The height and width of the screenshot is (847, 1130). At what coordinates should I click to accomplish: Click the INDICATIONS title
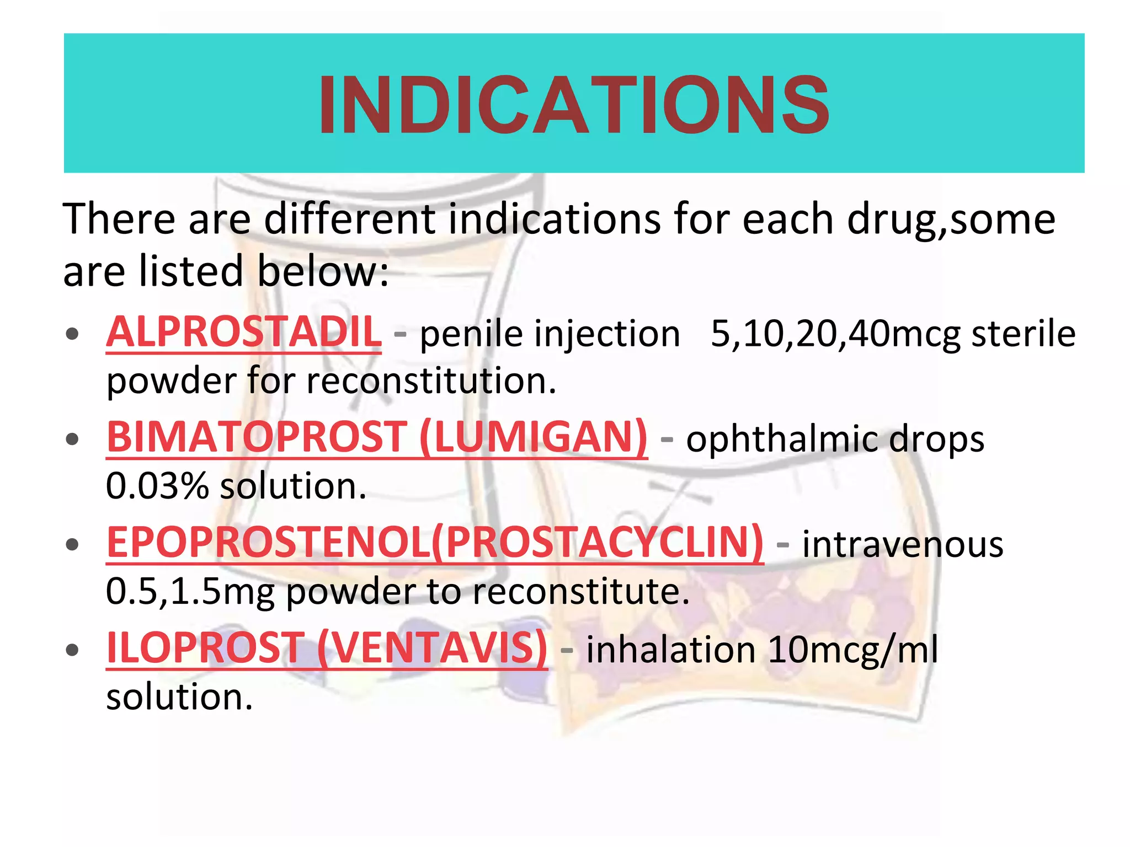tap(574, 105)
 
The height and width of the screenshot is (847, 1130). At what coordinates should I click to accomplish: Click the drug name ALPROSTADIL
tap(244, 333)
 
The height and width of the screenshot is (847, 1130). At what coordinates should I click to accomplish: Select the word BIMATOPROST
tap(257, 437)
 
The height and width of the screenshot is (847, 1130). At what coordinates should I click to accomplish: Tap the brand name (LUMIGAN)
tap(533, 437)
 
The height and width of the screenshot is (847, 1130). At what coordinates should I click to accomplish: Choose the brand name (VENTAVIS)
tap(433, 648)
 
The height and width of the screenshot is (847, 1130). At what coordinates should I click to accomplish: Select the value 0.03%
tap(157, 486)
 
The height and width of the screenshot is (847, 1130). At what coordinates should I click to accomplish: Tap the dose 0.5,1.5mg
tap(190, 592)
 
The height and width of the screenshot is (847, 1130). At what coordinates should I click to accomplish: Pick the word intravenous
tap(903, 545)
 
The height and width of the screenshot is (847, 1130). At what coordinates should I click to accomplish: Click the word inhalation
tap(670, 650)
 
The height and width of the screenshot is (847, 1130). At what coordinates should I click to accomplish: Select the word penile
tap(470, 334)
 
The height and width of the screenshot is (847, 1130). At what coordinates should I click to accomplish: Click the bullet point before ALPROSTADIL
tap(72, 334)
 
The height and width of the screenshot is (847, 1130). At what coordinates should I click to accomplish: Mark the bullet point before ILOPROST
tap(72, 650)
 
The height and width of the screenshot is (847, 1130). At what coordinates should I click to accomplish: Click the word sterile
tap(1024, 334)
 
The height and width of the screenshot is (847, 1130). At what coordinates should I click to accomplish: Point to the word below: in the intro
tap(323, 271)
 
